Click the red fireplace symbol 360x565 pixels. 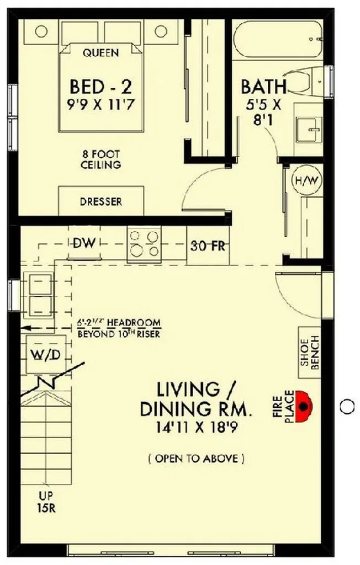tap(304, 406)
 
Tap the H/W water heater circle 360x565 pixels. tap(306, 180)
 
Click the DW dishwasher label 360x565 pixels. tap(84, 243)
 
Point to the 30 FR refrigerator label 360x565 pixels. tap(208, 246)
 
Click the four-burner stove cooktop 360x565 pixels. tap(144, 244)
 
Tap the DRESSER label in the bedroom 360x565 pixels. tap(101, 201)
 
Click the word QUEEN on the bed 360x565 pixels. tap(100, 53)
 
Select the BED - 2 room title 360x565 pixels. tap(100, 87)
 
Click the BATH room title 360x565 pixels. tap(264, 87)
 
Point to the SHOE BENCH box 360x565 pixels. tap(310, 352)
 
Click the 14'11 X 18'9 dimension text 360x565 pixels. tap(197, 428)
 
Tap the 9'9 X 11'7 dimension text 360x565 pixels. tap(100, 104)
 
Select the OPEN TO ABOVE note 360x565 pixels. tap(197, 459)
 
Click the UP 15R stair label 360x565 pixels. tap(46, 502)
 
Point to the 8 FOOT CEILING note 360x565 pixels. tap(100, 159)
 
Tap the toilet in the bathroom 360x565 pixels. tap(300, 82)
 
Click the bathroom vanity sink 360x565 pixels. tap(309, 130)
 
